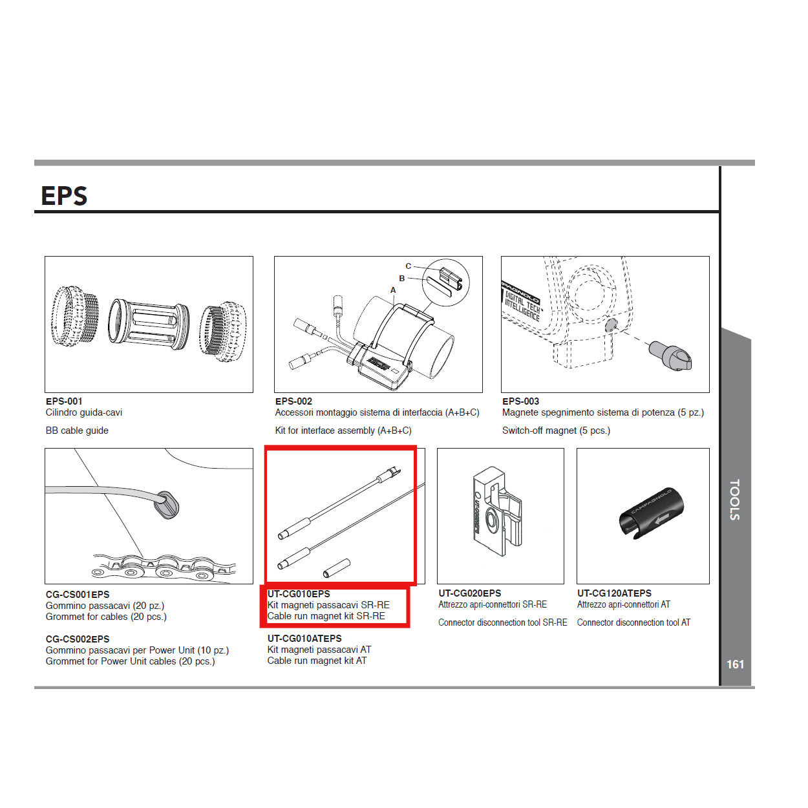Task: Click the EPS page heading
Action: pos(64,196)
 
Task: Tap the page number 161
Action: pos(735,664)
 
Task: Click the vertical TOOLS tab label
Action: pos(735,500)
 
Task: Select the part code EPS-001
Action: pos(64,401)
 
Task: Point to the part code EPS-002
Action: pos(293,401)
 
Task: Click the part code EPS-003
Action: pos(520,401)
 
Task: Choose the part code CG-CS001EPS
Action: pos(78,595)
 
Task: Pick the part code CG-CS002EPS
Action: pos(78,639)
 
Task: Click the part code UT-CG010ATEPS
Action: pos(304,639)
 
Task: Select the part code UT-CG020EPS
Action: pos(469,593)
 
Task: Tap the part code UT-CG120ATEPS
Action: pos(614,593)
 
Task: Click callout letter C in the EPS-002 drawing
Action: pos(408,266)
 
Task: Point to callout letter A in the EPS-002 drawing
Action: pos(393,290)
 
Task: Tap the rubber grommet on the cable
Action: pos(167,504)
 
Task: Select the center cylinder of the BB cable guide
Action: pos(149,324)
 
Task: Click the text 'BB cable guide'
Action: pos(77,431)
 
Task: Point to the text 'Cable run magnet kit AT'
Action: pos(317,661)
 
